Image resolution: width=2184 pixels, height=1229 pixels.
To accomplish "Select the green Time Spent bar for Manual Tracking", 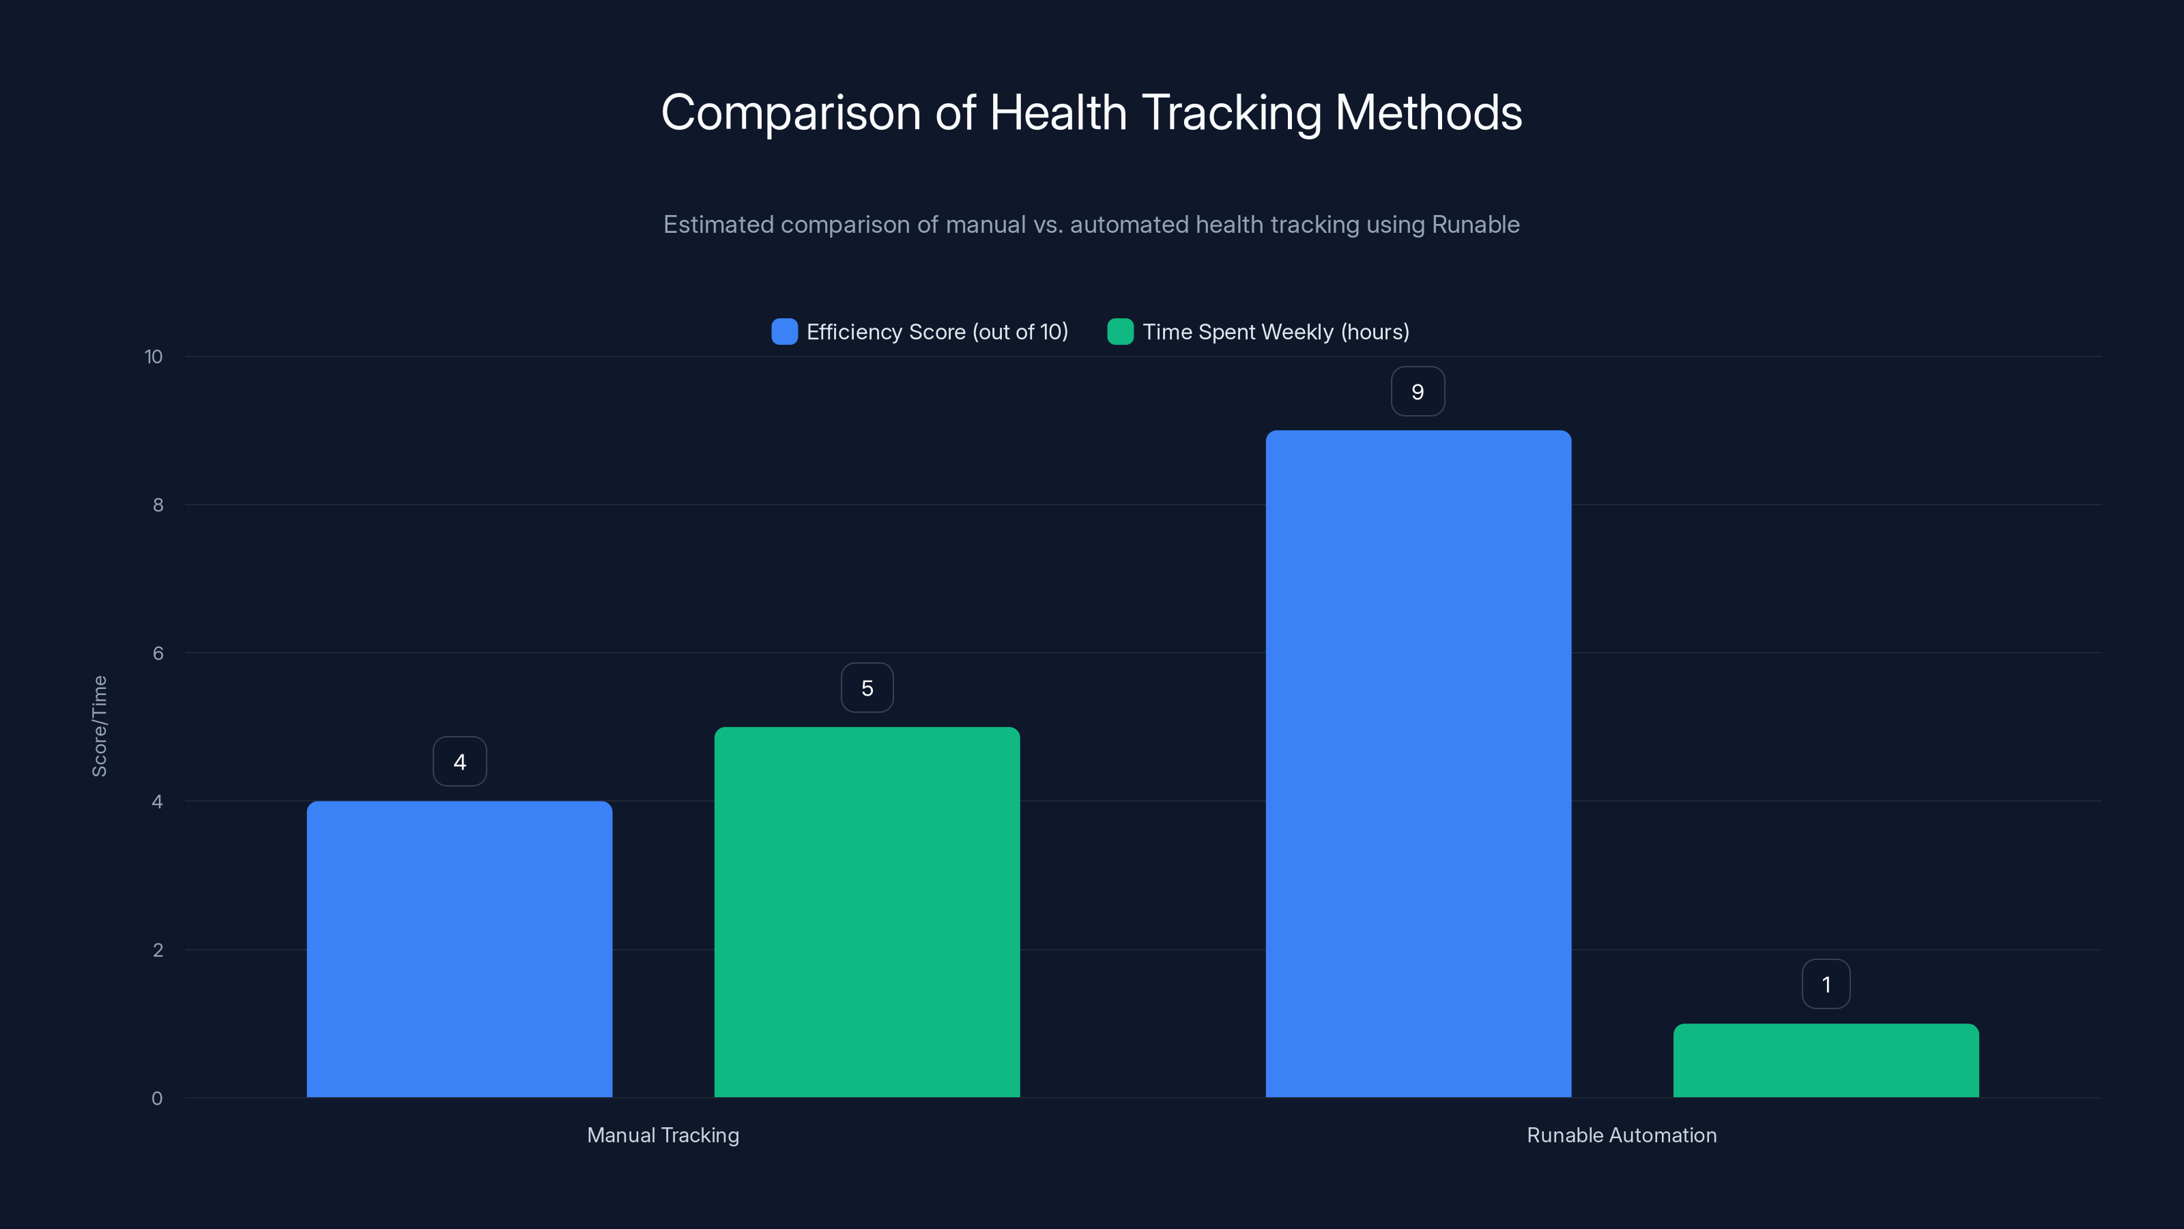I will pos(867,912).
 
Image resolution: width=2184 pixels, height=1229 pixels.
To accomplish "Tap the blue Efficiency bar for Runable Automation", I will pos(1418,763).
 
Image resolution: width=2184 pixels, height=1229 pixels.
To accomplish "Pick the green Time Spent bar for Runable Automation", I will pos(1826,1060).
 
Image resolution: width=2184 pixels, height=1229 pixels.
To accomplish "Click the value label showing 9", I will pos(1418,392).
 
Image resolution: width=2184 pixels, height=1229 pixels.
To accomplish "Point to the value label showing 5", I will pos(867,688).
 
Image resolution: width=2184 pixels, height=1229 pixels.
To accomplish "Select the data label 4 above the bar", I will pos(459,762).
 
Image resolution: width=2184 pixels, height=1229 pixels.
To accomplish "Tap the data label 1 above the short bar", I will pos(1826,985).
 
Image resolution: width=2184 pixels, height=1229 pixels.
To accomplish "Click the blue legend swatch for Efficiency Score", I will pos(784,332).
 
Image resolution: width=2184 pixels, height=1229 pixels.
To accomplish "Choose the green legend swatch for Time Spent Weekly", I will pos(1120,332).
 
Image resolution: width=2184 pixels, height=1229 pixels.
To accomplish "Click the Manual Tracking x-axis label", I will pos(663,1135).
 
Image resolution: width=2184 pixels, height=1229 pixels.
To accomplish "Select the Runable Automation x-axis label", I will pos(1621,1135).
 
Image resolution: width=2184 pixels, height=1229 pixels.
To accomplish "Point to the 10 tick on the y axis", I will pos(154,357).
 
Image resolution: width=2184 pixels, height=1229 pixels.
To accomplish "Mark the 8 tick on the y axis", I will pos(158,505).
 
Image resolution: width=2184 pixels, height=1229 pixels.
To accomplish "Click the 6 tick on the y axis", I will pos(158,653).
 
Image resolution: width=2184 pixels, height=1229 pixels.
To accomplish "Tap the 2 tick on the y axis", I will pos(158,950).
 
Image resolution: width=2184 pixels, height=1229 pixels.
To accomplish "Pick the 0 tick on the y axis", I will pos(157,1099).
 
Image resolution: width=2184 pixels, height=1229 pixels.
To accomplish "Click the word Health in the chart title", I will pos(1058,113).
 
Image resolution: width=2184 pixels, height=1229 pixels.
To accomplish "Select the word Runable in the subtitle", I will pos(1475,225).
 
